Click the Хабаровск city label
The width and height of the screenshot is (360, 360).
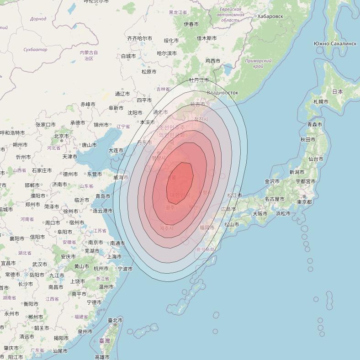pyautogui.click(x=270, y=16)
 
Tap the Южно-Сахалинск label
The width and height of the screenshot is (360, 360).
pyautogui.click(x=335, y=43)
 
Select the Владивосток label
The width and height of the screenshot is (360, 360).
pyautogui.click(x=222, y=93)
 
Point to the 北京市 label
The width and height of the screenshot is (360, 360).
pyautogui.click(x=62, y=136)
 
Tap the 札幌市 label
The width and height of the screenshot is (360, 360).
pyautogui.click(x=321, y=101)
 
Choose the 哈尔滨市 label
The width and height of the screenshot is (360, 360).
pyautogui.click(x=167, y=53)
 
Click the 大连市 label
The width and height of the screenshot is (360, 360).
pyautogui.click(x=116, y=150)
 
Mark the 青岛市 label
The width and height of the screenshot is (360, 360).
pyautogui.click(x=103, y=196)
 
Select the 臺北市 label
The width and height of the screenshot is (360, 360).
pyautogui.click(x=115, y=320)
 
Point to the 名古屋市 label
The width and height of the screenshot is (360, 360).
pyautogui.click(x=274, y=199)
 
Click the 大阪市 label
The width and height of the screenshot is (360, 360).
pyautogui.click(x=260, y=213)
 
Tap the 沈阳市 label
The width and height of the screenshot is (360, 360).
pyautogui.click(x=135, y=112)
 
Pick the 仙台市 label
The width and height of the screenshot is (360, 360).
pyautogui.click(x=316, y=159)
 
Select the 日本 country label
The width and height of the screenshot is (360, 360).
pyautogui.click(x=337, y=91)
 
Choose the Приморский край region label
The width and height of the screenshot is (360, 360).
pyautogui.click(x=258, y=64)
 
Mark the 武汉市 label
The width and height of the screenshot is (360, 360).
pyautogui.click(x=40, y=264)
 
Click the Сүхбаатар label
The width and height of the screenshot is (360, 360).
pyautogui.click(x=35, y=49)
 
